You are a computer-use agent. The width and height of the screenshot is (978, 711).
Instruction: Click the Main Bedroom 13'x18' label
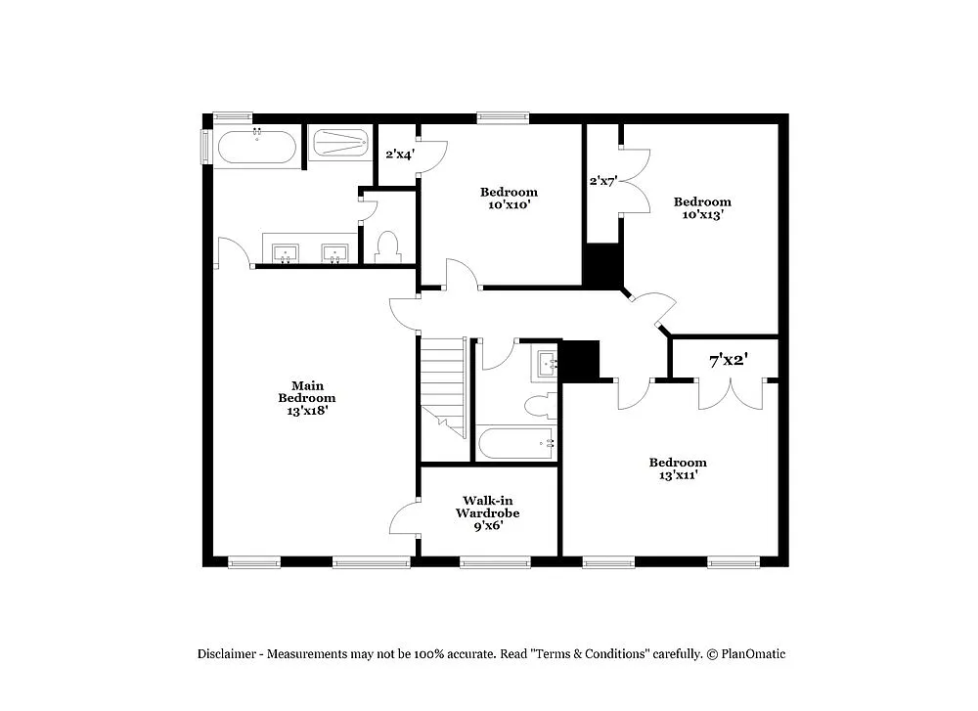coord(306,398)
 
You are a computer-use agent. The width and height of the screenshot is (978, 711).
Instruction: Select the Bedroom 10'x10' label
coord(508,198)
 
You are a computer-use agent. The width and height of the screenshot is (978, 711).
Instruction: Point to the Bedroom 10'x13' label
coord(702,208)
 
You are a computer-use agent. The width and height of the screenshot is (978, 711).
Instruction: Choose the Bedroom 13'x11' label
coord(678,468)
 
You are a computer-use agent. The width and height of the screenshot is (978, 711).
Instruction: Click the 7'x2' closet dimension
coord(728,361)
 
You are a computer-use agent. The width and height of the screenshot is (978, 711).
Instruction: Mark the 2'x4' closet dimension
coord(398,154)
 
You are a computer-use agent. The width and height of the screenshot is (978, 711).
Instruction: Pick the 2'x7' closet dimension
coord(602,181)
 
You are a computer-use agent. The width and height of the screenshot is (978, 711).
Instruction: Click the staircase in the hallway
coord(443,385)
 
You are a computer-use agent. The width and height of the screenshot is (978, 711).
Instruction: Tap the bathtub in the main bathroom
coord(256,148)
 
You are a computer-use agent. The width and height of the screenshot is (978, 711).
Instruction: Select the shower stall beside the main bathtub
coord(340,144)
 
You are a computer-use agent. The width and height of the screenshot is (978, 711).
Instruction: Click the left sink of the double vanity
coord(287,253)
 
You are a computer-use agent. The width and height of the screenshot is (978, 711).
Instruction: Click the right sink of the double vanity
coord(335,253)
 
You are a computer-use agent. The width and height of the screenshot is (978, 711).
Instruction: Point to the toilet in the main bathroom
coord(388,246)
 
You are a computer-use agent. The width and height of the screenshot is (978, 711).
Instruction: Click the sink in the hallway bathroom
coord(546,365)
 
